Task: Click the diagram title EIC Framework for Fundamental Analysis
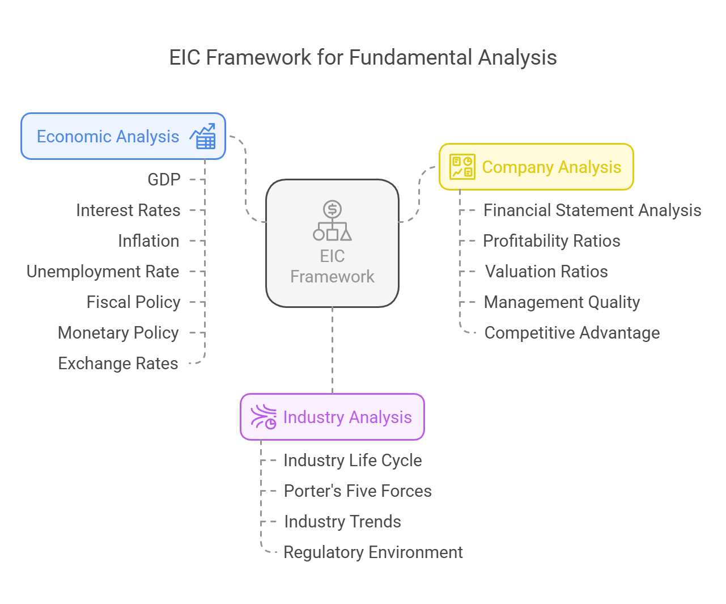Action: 363,57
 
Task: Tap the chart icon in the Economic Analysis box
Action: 203,136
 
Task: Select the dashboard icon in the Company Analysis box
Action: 462,167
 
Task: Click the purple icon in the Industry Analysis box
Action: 264,417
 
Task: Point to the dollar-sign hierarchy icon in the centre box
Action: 333,221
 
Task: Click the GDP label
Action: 164,180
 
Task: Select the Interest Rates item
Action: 128,210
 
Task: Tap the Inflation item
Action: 149,241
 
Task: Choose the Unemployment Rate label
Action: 103,272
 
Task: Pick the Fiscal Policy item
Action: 134,302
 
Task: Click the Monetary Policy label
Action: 118,333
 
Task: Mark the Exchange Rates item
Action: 118,364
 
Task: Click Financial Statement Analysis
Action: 592,210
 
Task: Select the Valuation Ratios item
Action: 546,272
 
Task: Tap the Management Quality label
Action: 562,302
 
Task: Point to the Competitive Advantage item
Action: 572,333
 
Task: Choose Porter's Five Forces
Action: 358,491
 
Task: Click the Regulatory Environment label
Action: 373,552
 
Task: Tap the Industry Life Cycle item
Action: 353,461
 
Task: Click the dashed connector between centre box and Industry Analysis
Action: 333,350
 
